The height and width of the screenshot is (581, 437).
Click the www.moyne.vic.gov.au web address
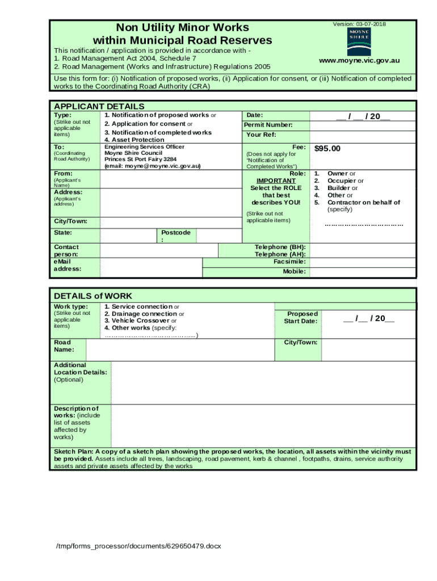click(x=359, y=60)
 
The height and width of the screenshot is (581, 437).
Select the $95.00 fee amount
click(x=327, y=148)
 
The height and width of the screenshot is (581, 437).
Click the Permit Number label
click(x=268, y=125)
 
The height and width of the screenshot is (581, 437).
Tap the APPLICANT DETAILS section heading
click(x=99, y=106)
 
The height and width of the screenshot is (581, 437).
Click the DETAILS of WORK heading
click(x=93, y=296)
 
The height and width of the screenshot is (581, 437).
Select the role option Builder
click(x=342, y=188)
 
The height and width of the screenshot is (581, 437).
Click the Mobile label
click(x=295, y=272)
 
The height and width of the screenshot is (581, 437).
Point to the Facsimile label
click(x=289, y=262)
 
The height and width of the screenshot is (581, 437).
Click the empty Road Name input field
click(x=179, y=350)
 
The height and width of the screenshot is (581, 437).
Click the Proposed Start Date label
click(x=302, y=317)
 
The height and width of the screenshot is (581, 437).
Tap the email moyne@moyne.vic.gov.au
click(x=152, y=166)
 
